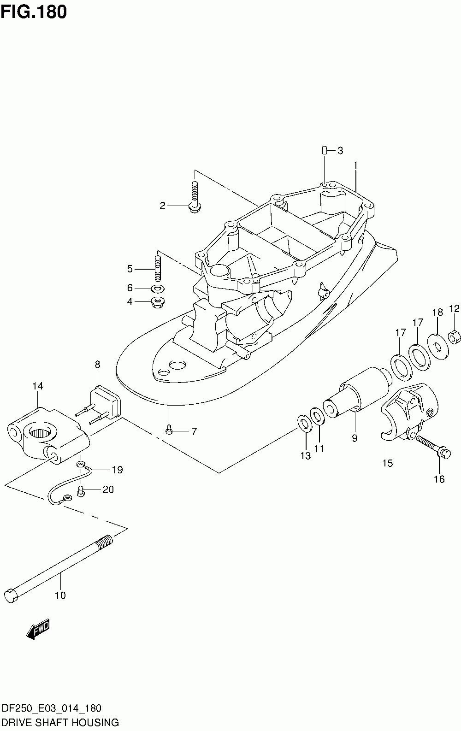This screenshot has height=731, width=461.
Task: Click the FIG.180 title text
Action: [34, 12]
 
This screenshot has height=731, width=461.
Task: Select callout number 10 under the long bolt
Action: [60, 595]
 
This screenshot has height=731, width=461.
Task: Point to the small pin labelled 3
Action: [324, 150]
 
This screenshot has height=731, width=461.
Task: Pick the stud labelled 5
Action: [158, 268]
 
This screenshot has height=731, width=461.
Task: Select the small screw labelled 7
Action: [169, 430]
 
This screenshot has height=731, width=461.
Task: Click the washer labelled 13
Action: [303, 423]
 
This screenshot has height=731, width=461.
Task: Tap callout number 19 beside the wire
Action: [117, 470]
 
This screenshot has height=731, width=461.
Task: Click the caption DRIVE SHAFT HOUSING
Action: [60, 722]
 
